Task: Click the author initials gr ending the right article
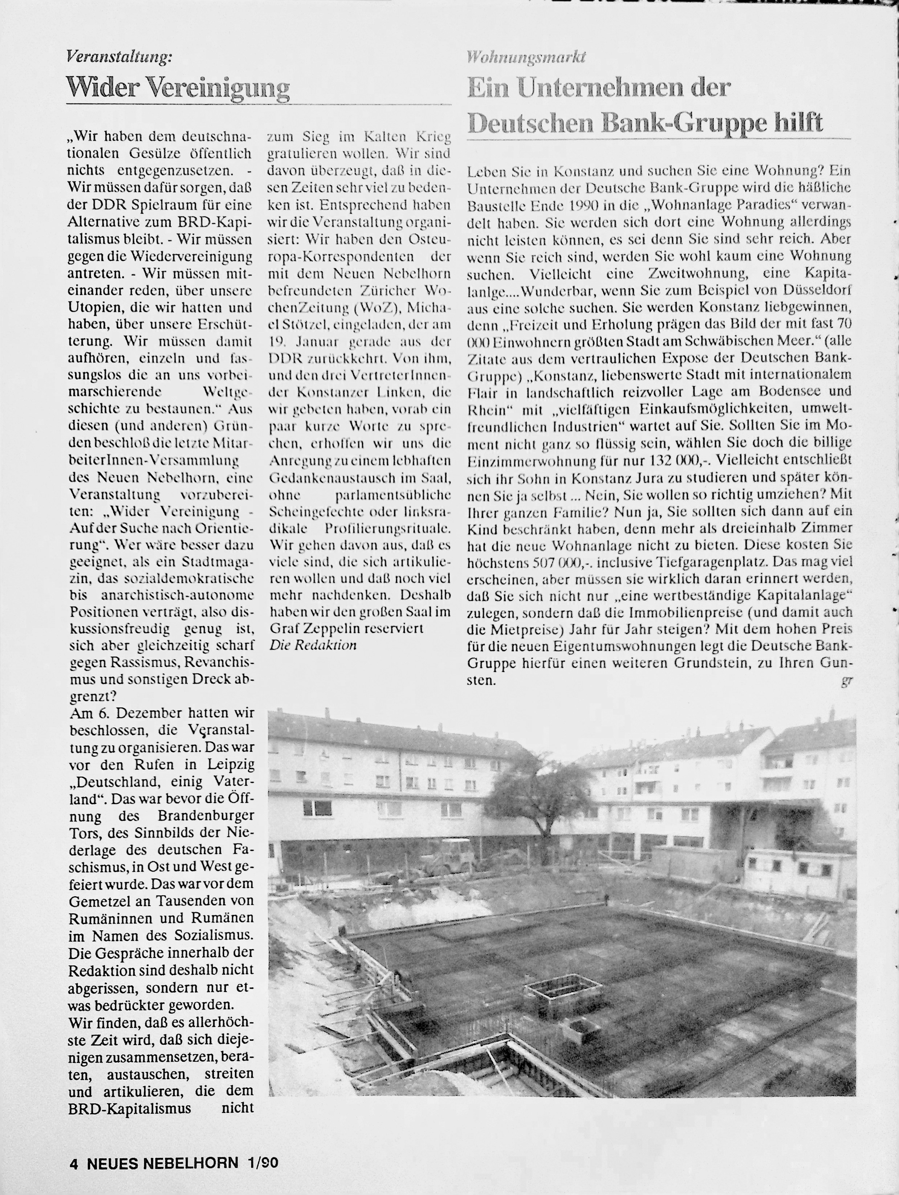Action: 847,681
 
